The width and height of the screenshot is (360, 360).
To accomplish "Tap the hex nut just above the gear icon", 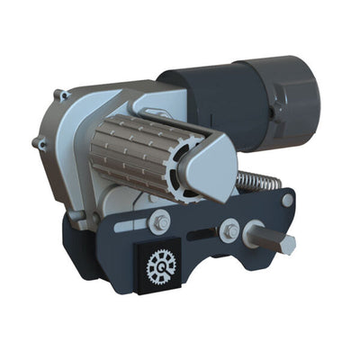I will click(160, 220).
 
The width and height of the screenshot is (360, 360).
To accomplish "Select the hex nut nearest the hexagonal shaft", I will click(230, 231).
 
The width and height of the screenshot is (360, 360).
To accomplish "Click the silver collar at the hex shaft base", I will click(252, 237).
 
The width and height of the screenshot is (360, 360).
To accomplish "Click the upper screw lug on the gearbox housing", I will click(61, 94).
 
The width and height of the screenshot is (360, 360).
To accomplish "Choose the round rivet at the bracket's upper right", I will click(287, 200).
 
